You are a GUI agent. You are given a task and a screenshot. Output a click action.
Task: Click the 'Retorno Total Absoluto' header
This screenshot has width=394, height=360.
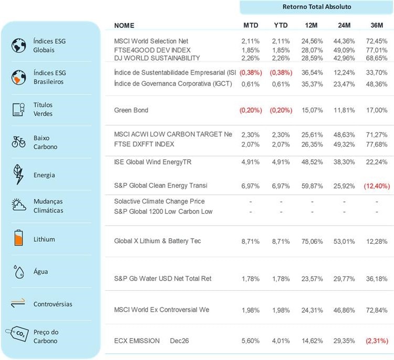click(x=316, y=7)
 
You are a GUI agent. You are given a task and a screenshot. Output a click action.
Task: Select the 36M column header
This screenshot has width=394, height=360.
click(x=376, y=25)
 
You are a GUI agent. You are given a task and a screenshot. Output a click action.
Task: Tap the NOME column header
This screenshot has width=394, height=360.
click(x=124, y=25)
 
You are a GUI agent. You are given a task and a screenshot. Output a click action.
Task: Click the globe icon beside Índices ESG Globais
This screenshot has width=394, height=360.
click(x=18, y=46)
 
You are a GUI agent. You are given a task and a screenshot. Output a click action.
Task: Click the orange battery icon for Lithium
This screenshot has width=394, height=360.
click(x=18, y=239)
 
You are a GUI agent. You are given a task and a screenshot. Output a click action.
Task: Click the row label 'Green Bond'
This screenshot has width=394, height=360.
click(x=131, y=110)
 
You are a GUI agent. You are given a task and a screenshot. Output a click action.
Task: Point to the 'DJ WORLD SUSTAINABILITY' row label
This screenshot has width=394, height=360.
click(x=157, y=58)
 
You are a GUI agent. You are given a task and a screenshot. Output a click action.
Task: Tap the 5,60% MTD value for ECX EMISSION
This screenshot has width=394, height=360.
click(x=251, y=341)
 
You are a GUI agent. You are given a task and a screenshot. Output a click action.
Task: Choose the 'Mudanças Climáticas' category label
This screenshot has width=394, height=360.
click(x=48, y=206)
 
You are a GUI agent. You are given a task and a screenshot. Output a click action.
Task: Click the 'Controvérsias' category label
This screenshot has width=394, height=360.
click(x=53, y=304)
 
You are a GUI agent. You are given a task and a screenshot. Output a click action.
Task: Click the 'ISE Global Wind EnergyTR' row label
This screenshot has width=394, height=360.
click(x=153, y=162)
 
